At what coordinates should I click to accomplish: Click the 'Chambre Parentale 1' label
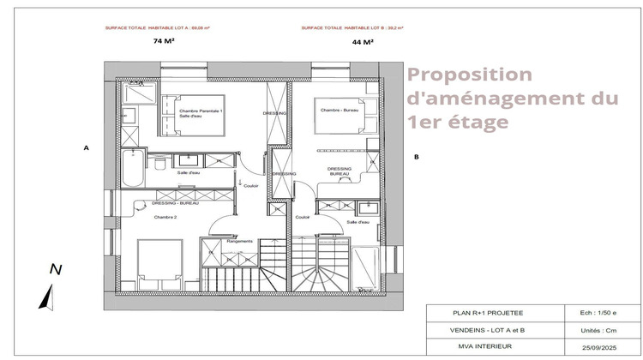coord(201,112)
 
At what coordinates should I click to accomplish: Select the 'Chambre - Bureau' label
coord(337,111)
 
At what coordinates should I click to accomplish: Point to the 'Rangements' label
coord(239,242)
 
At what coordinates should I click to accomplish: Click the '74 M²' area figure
coord(164,40)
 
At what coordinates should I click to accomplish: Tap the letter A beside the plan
coord(86,148)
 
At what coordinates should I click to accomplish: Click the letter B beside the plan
coord(416,157)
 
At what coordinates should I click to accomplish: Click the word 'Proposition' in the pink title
coord(469,75)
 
